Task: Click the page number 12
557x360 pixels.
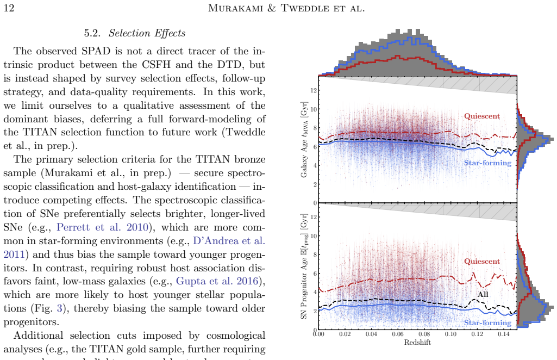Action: [x=9, y=8]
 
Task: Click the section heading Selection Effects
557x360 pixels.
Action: [x=147, y=33]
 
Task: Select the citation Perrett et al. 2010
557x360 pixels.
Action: [x=102, y=227]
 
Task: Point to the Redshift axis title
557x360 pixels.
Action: [x=417, y=343]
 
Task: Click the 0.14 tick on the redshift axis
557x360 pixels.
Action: [x=503, y=334]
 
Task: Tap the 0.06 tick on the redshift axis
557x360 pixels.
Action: [x=398, y=334]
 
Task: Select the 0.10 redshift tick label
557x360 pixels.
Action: [x=450, y=334]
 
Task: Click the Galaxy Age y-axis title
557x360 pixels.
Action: [x=304, y=140]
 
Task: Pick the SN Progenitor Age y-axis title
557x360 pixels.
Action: [x=304, y=266]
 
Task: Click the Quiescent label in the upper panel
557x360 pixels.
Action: [x=481, y=116]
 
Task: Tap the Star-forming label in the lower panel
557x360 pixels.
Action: [x=487, y=322]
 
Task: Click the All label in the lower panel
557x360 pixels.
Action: [x=483, y=295]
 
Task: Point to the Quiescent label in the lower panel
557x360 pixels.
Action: [x=481, y=261]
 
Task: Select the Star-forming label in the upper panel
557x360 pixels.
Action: [x=487, y=163]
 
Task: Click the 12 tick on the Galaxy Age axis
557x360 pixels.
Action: [x=314, y=90]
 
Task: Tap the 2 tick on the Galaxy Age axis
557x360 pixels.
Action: [x=315, y=184]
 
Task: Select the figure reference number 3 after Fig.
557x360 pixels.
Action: [x=59, y=308]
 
